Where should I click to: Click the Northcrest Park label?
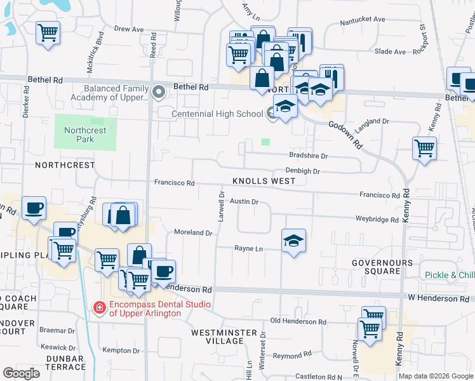click(79, 135)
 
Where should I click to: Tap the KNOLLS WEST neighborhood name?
click(264, 181)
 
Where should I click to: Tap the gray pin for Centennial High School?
click(272, 114)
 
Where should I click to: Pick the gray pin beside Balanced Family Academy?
click(159, 93)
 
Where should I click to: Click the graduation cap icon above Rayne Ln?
click(293, 241)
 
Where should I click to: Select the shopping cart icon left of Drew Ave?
click(48, 32)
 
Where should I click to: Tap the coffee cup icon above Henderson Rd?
click(163, 272)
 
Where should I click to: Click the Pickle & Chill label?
click(450, 275)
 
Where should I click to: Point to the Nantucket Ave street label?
click(363, 20)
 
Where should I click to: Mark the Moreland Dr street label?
click(193, 233)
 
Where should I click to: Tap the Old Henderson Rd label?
click(298, 322)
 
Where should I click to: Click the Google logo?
click(21, 373)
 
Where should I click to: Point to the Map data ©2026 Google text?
click(435, 376)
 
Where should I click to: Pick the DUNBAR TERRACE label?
click(62, 362)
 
